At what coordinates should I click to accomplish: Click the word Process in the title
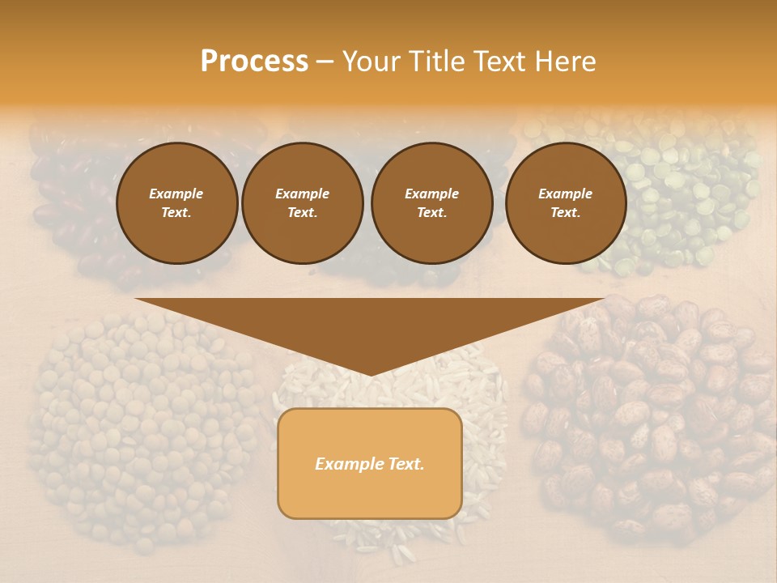point(254,62)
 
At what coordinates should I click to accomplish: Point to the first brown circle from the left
point(176,203)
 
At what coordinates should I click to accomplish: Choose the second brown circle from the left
point(302,203)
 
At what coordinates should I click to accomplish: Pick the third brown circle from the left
point(431,203)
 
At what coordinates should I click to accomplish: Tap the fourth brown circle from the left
point(565,203)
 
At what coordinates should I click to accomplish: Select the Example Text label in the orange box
point(370,464)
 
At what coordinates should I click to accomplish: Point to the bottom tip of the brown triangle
point(370,374)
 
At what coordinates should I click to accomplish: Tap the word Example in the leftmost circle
point(176,194)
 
